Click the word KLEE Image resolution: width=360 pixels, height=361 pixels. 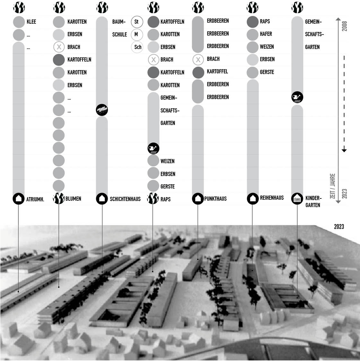tap(31, 22)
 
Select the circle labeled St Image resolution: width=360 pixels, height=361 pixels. tap(137, 22)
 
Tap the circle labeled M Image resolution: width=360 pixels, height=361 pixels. tap(137, 34)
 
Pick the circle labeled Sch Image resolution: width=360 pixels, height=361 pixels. tap(137, 47)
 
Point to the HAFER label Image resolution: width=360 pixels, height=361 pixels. tap(266, 34)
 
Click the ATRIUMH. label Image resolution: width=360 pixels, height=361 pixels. tap(35, 199)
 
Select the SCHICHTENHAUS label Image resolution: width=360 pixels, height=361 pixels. tap(125, 199)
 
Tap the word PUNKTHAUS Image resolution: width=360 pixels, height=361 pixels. tap(216, 198)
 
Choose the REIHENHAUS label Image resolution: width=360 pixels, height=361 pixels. tap(272, 198)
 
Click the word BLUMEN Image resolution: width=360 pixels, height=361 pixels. tap(73, 198)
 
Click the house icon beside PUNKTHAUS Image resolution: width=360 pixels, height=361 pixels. tap(198, 198)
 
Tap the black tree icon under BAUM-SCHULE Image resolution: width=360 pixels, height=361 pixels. tap(102, 110)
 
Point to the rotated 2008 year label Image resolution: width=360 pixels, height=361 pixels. tap(344, 26)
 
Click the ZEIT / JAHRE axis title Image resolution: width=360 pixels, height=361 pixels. tap(332, 186)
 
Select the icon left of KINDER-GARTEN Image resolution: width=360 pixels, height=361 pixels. tap(297, 198)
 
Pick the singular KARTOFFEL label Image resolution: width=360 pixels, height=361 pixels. tap(217, 72)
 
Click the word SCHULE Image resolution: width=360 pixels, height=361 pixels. tap(119, 34)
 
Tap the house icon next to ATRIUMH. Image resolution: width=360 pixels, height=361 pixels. tap(19, 198)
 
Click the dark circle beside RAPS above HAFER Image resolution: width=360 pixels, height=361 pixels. tap(253, 22)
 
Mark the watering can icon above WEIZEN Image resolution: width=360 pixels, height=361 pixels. tap(154, 148)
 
